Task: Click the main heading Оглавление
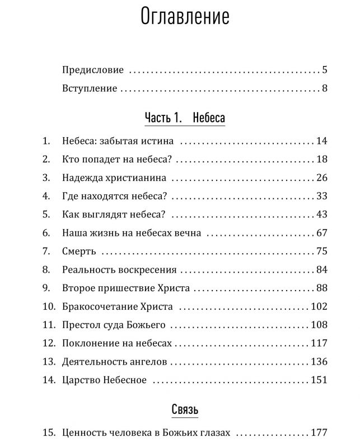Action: tap(185, 17)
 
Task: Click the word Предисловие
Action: tap(92, 71)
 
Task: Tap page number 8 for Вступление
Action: tap(324, 88)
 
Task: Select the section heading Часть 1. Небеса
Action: tap(185, 118)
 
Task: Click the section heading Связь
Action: tap(185, 410)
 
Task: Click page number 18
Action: tap(321, 160)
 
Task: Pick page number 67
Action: tap(321, 233)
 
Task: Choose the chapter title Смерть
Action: tap(80, 251)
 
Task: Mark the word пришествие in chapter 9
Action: tap(125, 288)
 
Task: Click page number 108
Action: tap(319, 325)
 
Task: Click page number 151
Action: tap(319, 380)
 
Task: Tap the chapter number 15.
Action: tap(48, 433)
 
